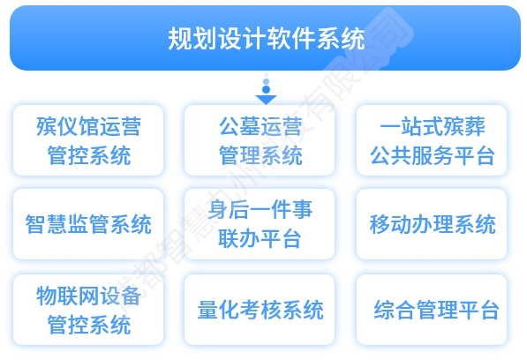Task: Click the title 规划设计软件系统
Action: (x=265, y=39)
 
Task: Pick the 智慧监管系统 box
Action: (x=88, y=224)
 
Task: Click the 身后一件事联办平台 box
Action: (x=260, y=224)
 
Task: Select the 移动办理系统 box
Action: (x=432, y=224)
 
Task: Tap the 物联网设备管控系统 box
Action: (x=88, y=310)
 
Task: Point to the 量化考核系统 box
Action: (x=260, y=310)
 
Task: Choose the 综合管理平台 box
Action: (x=432, y=310)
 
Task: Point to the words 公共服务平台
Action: (x=432, y=157)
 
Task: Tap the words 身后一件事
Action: (x=260, y=210)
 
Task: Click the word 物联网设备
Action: (x=88, y=295)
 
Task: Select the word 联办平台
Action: (x=260, y=239)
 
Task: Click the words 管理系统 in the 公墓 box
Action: (x=260, y=157)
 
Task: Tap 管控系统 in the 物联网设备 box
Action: (x=88, y=325)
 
